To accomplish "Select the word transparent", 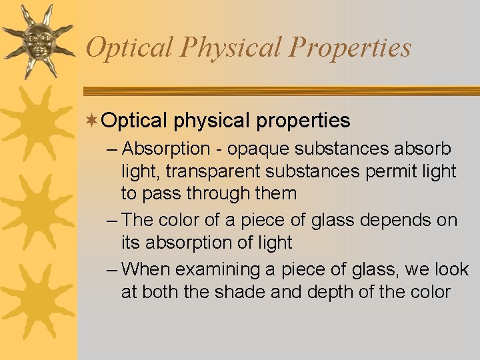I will (x=213, y=171).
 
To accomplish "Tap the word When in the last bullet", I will (x=147, y=269).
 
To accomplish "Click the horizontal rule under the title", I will (x=280, y=92).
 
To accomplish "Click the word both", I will (x=162, y=292).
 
